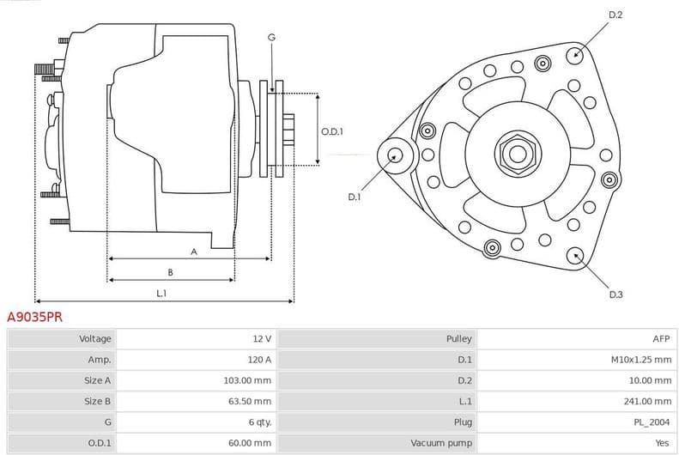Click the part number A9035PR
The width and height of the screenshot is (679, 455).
pos(34,317)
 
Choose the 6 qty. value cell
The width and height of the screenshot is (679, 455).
pos(259,422)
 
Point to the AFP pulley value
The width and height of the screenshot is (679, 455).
pos(660,339)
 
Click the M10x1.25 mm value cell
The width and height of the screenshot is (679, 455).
pos(640,360)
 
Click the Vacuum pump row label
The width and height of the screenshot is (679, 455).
pos(441,443)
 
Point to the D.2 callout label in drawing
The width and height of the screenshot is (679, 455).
pos(615,15)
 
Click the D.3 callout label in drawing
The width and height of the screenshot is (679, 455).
pos(615,294)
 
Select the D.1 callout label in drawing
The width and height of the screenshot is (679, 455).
pos(354,197)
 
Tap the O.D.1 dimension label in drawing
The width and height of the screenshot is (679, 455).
pos(332,131)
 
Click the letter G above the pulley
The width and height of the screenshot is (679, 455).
pos(271,37)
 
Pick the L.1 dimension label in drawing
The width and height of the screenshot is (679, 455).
pos(161,294)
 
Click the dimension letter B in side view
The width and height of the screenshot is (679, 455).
pos(170,272)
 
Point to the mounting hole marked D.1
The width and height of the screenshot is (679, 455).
pos(395,155)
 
